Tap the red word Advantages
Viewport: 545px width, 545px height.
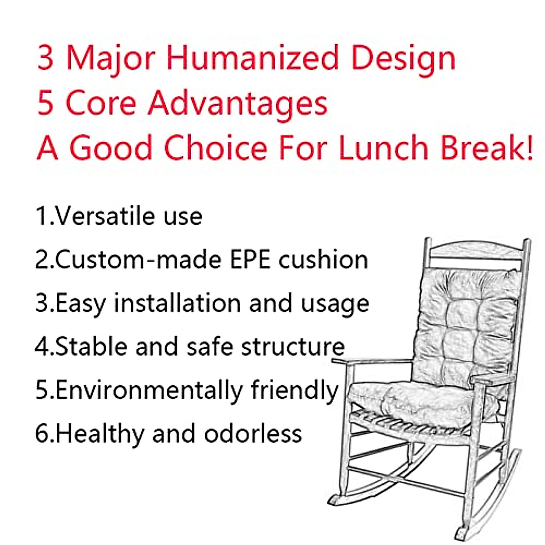[237, 103]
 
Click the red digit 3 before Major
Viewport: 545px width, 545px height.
[45, 58]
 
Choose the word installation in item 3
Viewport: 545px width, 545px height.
[177, 303]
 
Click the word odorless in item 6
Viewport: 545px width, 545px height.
[253, 434]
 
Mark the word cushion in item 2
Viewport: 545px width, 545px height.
[323, 260]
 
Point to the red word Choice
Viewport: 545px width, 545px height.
[216, 148]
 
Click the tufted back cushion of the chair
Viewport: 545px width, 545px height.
[468, 322]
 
